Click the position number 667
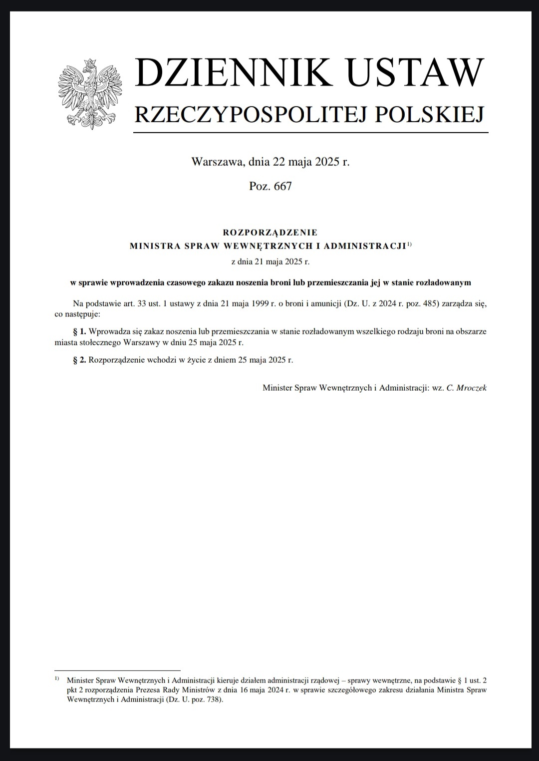click(x=282, y=187)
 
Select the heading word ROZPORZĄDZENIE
click(x=270, y=232)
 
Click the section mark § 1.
click(x=80, y=331)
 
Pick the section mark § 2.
click(x=80, y=360)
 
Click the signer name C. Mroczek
click(x=466, y=387)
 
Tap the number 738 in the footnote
click(x=213, y=700)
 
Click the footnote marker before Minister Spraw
click(x=56, y=678)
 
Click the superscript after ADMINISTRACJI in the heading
click(x=409, y=244)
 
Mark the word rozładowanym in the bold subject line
click(x=446, y=282)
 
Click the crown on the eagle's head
click(x=90, y=63)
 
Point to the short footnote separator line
click(x=117, y=670)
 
